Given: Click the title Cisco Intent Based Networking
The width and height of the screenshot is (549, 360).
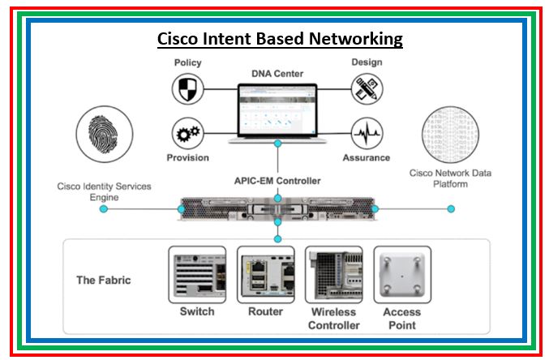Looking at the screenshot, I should pos(279,39).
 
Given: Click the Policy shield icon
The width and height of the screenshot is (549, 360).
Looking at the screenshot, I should pos(187,88).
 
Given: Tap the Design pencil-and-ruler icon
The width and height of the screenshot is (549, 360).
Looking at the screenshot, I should pos(367,88).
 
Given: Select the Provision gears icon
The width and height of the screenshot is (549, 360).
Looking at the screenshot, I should pos(187,132).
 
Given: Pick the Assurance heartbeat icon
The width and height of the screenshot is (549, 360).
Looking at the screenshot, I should pos(367,132).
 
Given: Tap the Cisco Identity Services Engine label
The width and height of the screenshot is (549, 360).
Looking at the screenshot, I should pos(104,192).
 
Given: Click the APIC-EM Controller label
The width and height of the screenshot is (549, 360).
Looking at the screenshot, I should pos(277,180).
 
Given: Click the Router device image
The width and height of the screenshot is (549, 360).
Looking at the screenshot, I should pos(265,274).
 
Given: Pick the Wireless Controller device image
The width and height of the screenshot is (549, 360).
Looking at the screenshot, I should pos(333,274).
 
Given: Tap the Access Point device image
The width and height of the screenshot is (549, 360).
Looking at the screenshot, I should pos(401,274).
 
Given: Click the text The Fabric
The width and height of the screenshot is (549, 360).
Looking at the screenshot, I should pos(103,281).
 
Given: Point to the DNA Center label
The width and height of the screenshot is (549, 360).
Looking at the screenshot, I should pos(277,73).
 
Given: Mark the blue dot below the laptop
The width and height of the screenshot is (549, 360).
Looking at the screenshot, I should pos(277,144).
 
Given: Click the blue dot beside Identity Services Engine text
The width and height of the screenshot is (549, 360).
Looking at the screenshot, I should pos(104,209).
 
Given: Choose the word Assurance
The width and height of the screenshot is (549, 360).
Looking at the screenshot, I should pos(367,157).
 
